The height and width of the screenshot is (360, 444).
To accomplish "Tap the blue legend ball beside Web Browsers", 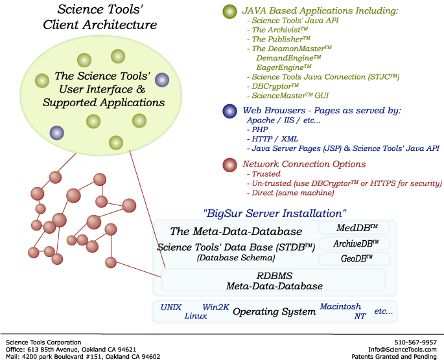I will point(229,111).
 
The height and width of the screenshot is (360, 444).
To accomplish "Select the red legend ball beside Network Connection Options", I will point(229,164).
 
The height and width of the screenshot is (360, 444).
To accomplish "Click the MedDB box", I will point(353,228).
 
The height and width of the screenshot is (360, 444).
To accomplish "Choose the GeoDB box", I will point(355,259).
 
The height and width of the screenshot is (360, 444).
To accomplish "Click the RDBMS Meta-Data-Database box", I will point(274,280).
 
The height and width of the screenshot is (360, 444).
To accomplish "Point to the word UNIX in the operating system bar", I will point(171,307).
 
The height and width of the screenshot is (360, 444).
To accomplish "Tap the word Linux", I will point(196,316).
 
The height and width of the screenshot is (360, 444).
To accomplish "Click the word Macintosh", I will point(340,306).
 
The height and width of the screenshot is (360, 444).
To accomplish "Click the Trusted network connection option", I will point(265,174).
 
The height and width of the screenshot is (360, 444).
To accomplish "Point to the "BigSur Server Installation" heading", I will point(275,212).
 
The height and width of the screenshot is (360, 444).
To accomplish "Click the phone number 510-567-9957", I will point(415,342).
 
